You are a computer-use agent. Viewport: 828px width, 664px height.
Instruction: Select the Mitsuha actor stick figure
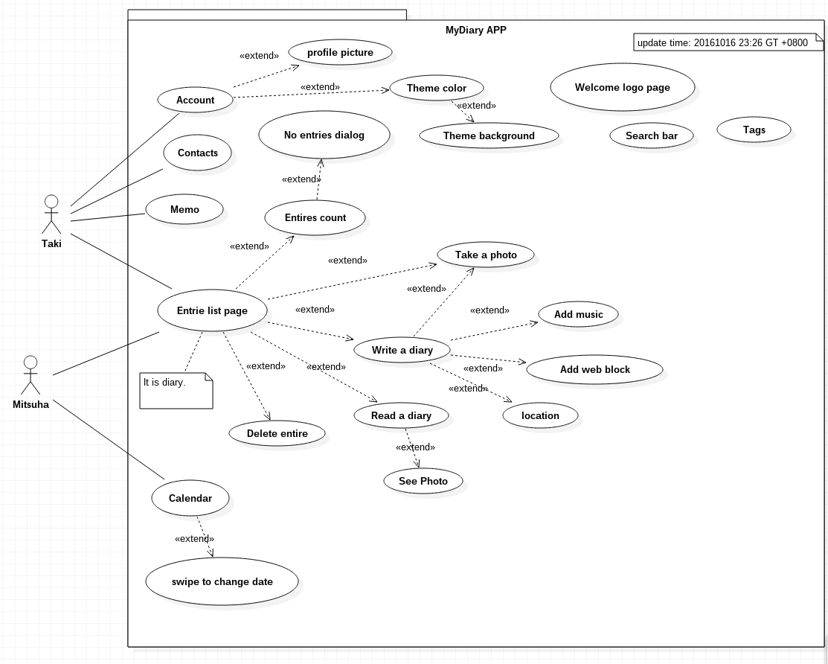[x=30, y=375]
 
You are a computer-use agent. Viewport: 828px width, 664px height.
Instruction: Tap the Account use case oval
[x=195, y=100]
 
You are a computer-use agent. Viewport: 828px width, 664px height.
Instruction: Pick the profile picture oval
[x=340, y=52]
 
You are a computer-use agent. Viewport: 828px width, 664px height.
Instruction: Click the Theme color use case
[x=436, y=88]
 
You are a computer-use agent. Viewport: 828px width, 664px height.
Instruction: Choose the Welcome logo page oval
[x=622, y=87]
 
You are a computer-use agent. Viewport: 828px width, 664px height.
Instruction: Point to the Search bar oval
[x=652, y=135]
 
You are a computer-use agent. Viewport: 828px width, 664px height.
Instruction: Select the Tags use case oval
[x=754, y=130]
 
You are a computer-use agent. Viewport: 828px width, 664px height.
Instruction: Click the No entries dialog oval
[x=324, y=135]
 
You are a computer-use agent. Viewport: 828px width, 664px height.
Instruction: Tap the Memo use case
[x=184, y=209]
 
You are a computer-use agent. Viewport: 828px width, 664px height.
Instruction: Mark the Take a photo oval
[x=486, y=255]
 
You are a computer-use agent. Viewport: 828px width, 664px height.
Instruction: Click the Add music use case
[x=578, y=314]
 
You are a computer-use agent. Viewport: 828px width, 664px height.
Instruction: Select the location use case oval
[x=540, y=415]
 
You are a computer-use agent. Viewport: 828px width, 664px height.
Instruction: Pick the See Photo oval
[x=423, y=481]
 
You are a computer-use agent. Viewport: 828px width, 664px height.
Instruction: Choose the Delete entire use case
[x=277, y=433]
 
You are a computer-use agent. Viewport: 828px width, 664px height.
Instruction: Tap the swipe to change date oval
[x=222, y=581]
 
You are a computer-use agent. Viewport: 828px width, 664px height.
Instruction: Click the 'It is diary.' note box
[x=176, y=390]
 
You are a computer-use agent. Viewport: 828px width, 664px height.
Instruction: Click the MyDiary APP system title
[x=475, y=31]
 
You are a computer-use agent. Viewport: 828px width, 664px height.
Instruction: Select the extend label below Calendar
[x=194, y=539]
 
